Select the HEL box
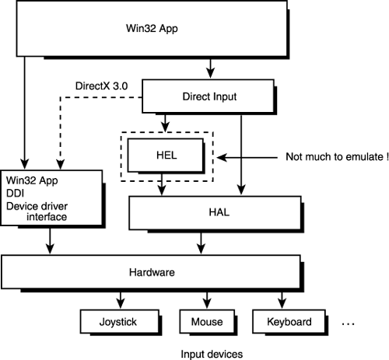click(x=165, y=154)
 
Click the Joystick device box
click(x=119, y=321)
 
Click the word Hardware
click(x=150, y=274)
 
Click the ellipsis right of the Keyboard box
click(x=348, y=322)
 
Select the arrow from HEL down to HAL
click(x=162, y=185)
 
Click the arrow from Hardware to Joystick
click(x=120, y=299)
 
